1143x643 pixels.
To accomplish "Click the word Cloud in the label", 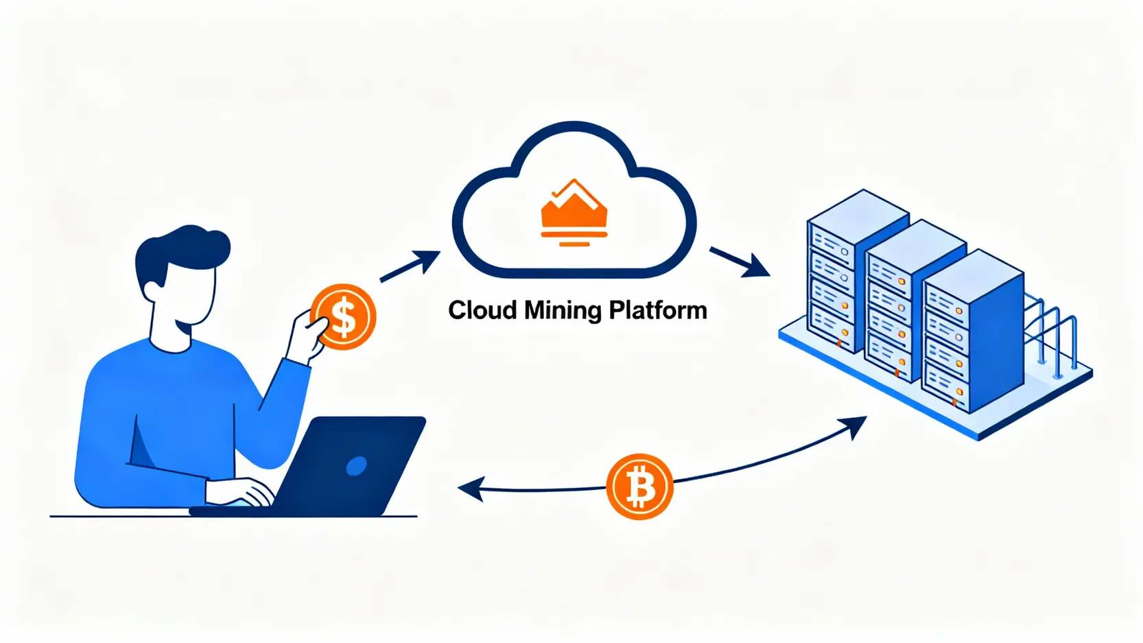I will (482, 310).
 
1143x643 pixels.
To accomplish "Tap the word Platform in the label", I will (658, 310).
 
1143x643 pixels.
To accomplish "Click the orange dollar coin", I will (343, 317).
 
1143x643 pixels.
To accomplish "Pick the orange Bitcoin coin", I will (639, 487).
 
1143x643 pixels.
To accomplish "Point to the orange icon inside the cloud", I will (574, 213).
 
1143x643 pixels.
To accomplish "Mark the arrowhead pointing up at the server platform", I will (856, 425).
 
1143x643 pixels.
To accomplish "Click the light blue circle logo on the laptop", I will (356, 467).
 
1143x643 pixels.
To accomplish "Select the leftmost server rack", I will (840, 274).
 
